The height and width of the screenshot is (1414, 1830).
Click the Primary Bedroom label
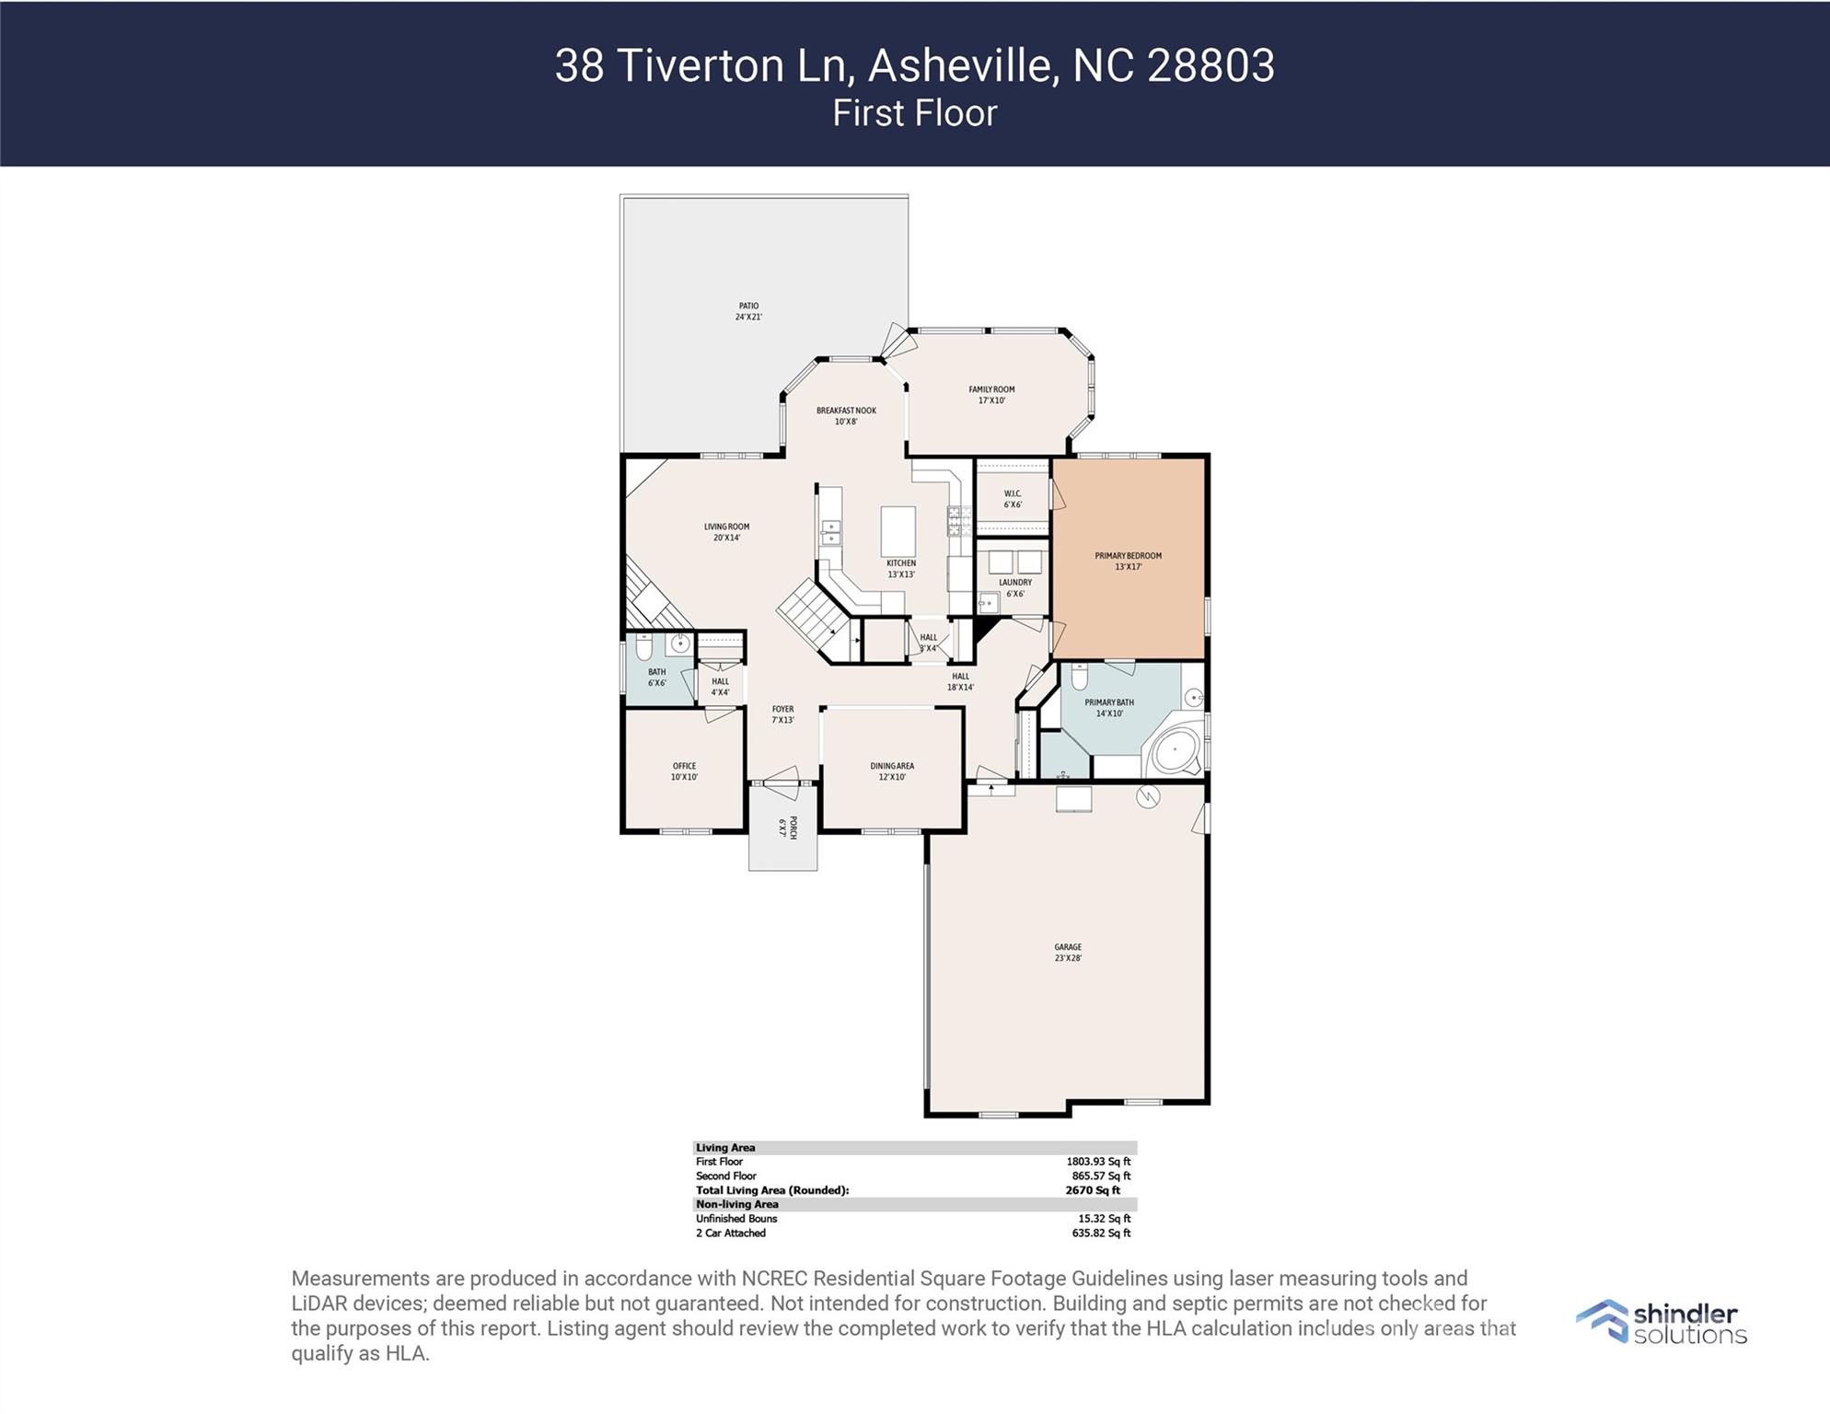(1128, 561)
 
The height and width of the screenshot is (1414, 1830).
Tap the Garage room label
(1068, 952)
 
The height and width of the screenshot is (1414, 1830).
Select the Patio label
(748, 311)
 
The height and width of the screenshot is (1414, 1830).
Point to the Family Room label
(991, 395)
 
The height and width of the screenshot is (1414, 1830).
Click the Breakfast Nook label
(846, 416)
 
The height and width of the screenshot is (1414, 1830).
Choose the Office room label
(684, 771)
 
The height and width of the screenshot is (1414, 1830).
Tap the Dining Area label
(892, 771)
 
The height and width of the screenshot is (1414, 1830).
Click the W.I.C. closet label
(1013, 499)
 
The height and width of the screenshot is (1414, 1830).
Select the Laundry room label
(1015, 587)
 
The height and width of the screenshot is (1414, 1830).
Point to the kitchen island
(898, 531)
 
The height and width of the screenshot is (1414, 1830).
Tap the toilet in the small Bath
(644, 646)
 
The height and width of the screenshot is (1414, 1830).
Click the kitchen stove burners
(959, 522)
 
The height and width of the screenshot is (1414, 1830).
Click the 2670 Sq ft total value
(1093, 1190)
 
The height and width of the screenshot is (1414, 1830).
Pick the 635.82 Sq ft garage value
(1101, 1233)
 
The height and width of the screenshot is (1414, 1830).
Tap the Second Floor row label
(726, 1176)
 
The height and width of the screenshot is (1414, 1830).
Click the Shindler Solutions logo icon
(1603, 1321)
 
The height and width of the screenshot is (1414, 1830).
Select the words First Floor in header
(915, 113)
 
